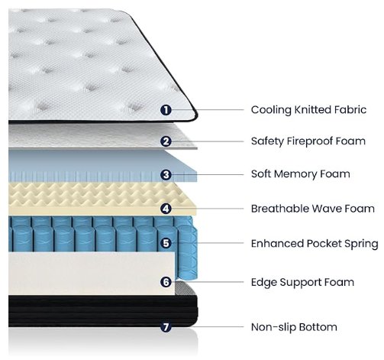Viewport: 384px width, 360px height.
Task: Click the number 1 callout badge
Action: pyautogui.click(x=166, y=110)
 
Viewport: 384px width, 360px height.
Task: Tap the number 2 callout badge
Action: pyautogui.click(x=166, y=141)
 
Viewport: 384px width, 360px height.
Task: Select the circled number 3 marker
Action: pyautogui.click(x=166, y=175)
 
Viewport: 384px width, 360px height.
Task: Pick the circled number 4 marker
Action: pyautogui.click(x=166, y=209)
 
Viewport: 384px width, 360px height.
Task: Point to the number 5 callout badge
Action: pyautogui.click(x=166, y=243)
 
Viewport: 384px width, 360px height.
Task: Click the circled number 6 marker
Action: pyautogui.click(x=166, y=282)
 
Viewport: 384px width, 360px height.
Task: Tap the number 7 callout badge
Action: pyautogui.click(x=166, y=326)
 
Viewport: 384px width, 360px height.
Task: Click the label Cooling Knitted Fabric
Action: pyautogui.click(x=308, y=110)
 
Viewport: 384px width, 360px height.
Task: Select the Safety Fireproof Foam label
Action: pyautogui.click(x=308, y=141)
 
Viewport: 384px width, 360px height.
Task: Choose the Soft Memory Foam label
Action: pyautogui.click(x=301, y=174)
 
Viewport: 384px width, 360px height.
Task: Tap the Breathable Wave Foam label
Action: pyautogui.click(x=313, y=209)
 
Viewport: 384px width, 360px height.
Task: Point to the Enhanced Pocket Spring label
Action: pyautogui.click(x=315, y=244)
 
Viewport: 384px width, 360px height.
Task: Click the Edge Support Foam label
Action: pyautogui.click(x=302, y=282)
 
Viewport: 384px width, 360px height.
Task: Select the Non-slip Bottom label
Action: pyautogui.click(x=294, y=327)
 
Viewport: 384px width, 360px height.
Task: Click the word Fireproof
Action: pyautogui.click(x=310, y=141)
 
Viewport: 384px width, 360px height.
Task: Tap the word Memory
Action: pyautogui.click(x=295, y=174)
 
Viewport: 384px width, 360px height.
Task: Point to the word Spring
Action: pyautogui.click(x=361, y=244)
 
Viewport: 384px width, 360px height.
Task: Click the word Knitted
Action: pyautogui.click(x=312, y=110)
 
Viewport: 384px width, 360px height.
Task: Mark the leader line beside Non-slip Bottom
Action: pyautogui.click(x=208, y=326)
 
